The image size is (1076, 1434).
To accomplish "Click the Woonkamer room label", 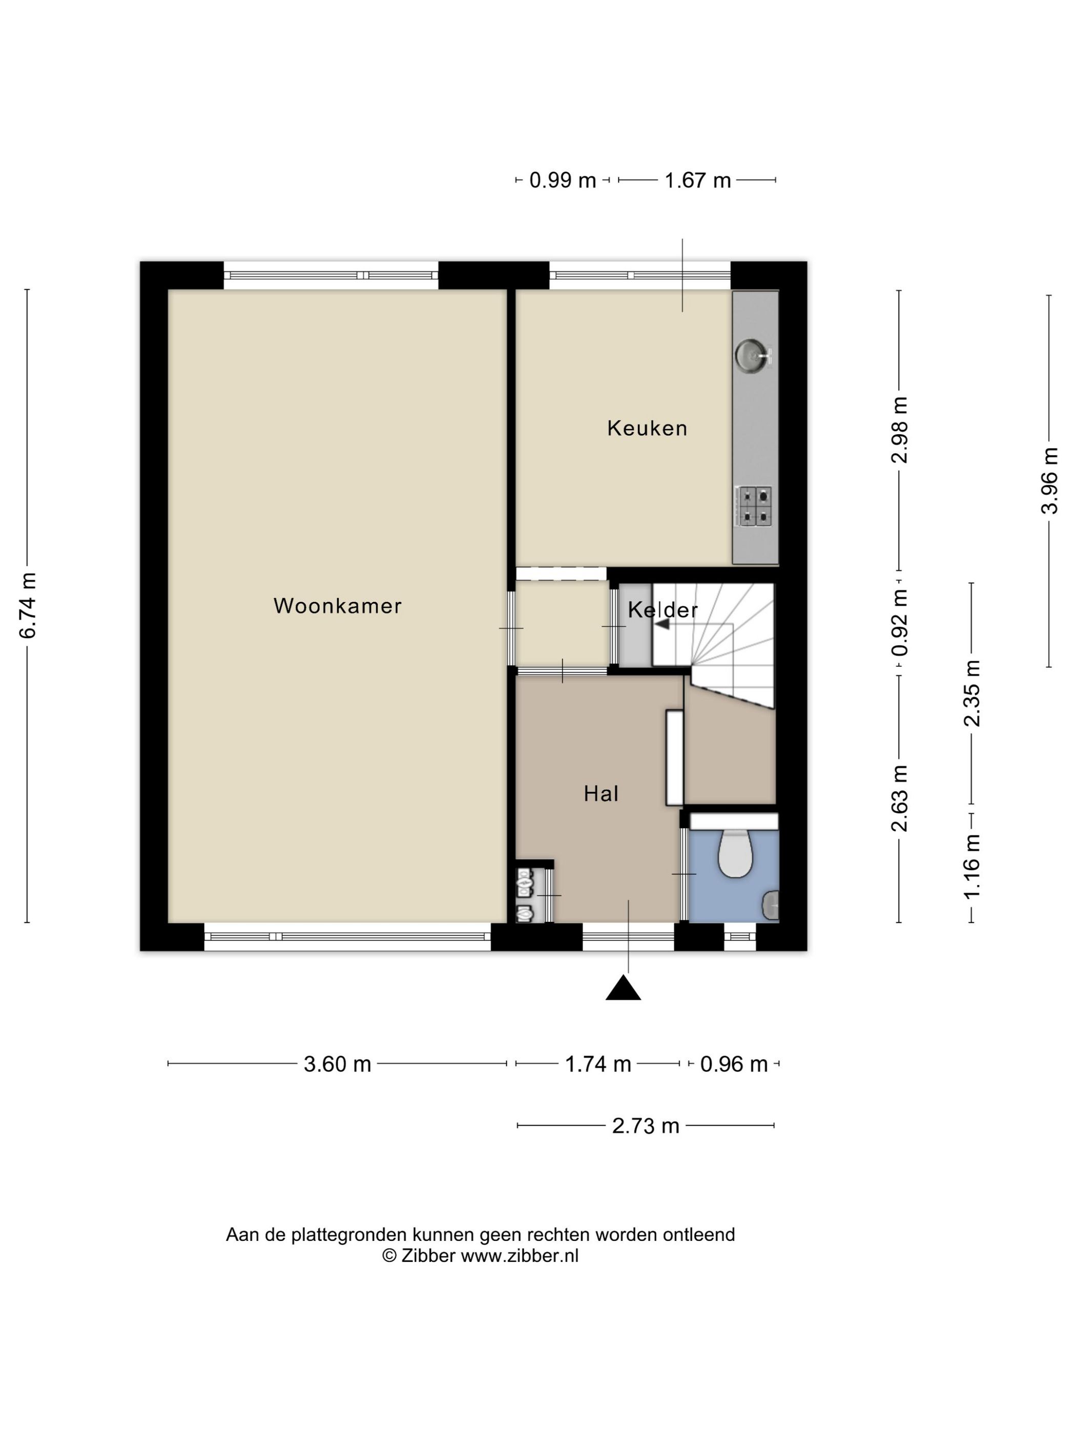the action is point(337,605).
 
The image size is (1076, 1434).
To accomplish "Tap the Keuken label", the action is point(647,428).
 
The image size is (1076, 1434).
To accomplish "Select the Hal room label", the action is point(601,793).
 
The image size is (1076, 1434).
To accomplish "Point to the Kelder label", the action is point(662,609).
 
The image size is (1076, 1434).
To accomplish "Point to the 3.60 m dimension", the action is point(337,1064).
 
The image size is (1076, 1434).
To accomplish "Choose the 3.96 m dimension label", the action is point(1049,480).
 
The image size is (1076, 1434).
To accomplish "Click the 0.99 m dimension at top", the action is point(562,180).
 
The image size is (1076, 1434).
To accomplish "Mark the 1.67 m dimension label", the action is point(697,180).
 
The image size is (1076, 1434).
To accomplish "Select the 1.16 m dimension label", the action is point(971,867).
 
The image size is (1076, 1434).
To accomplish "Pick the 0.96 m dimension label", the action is point(734,1064).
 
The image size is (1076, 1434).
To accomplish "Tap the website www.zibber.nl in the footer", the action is point(519,1256).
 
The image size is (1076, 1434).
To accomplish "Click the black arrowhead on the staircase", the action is point(661,624).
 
